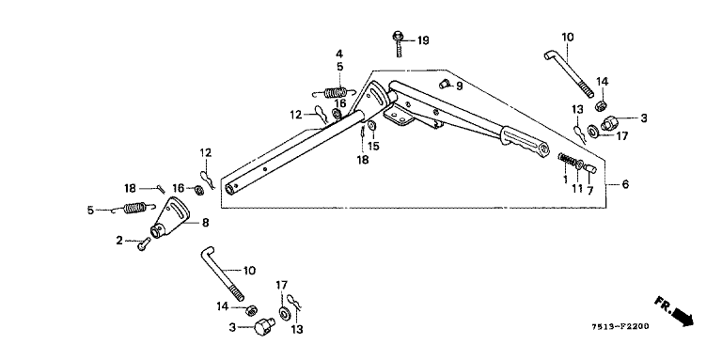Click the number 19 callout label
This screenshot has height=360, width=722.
point(423,40)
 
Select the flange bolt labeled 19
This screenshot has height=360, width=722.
point(399,43)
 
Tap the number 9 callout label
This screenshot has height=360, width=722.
point(459,86)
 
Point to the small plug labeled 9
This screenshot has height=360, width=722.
point(445,84)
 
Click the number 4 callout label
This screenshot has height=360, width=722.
point(338,54)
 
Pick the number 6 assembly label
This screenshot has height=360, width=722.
point(625,184)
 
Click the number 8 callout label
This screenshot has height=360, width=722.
point(205,223)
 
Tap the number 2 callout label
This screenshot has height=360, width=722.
point(119,240)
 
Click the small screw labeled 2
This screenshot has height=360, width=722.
point(144,244)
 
